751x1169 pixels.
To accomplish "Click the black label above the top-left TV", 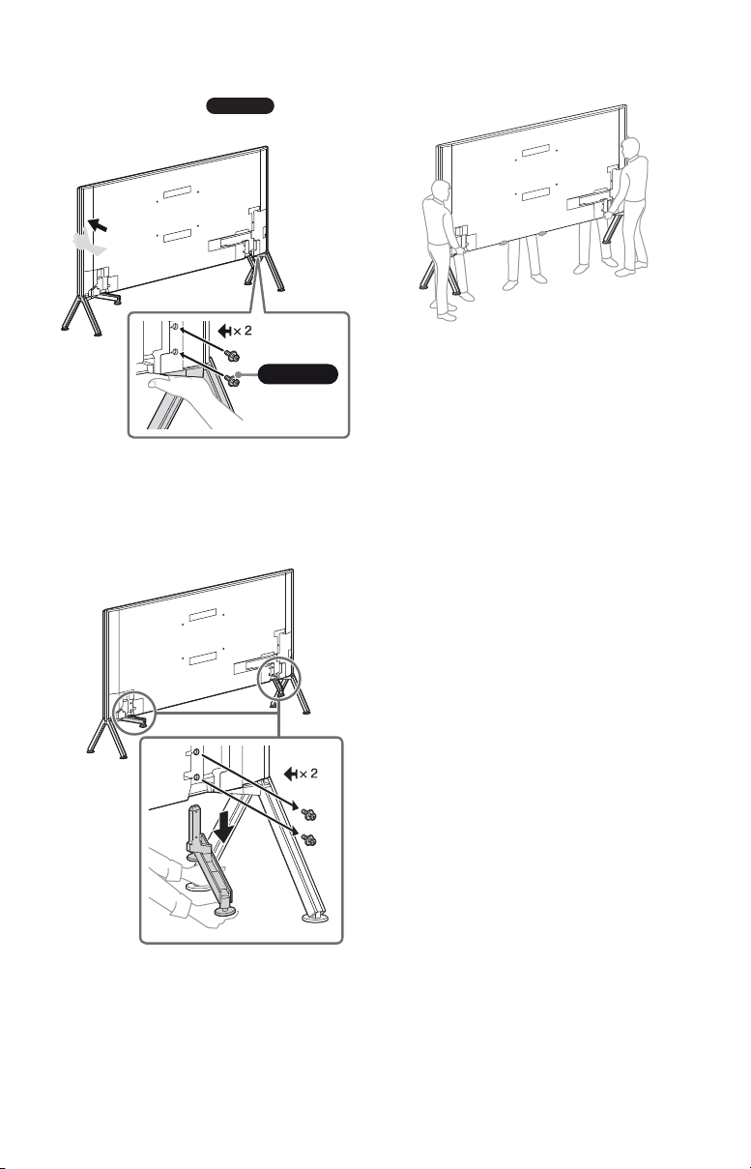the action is [x=241, y=105].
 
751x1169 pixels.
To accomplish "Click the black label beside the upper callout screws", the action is [x=298, y=373].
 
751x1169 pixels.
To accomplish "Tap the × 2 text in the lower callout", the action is [x=307, y=773].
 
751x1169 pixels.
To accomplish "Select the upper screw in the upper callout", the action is [x=231, y=355].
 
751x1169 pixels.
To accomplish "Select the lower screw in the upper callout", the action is [x=233, y=380].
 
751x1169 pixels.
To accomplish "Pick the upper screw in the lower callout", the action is [x=307, y=812].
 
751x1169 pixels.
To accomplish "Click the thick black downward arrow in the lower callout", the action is [x=224, y=828].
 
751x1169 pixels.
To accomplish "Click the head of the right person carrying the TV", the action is [x=630, y=148].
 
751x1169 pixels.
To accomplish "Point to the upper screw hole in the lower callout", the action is [x=196, y=752].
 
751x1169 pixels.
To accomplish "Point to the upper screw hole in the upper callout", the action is [x=176, y=327].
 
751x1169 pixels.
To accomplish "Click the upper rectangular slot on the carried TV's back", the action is [x=535, y=151].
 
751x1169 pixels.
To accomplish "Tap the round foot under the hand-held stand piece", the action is [x=222, y=911].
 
